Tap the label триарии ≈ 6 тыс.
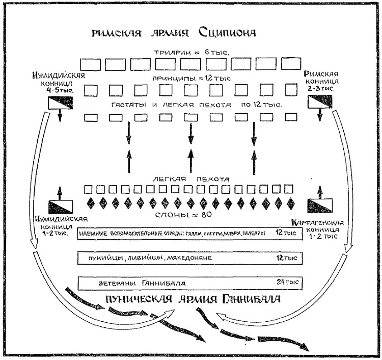point(190,53)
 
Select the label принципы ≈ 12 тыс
point(190,79)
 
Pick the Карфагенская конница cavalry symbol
point(319,206)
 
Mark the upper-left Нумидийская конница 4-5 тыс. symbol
point(60,104)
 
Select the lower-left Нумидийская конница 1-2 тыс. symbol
point(60,207)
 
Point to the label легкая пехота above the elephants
point(190,179)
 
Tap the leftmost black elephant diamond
point(92,202)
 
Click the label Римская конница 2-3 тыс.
point(319,81)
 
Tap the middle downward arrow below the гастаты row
point(190,134)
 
